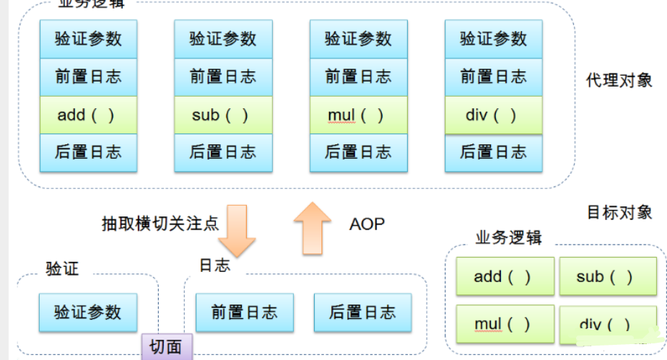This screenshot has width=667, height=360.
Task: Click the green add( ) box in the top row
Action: [88, 115]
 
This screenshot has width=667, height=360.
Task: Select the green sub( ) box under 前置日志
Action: [223, 115]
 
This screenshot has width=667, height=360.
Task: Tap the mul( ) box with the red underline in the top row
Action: [358, 115]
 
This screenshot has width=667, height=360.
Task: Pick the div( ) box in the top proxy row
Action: [493, 115]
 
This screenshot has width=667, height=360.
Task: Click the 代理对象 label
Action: [619, 80]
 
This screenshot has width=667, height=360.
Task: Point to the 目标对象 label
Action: [619, 212]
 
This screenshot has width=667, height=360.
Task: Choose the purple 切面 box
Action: [167, 347]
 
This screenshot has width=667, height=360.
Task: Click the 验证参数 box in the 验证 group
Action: [88, 312]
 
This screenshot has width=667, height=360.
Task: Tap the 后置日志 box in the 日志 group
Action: [362, 312]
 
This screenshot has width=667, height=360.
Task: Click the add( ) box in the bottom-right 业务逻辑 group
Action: [505, 277]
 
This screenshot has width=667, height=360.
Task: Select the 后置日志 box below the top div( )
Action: [493, 152]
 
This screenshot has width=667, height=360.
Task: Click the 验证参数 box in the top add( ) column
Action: [88, 39]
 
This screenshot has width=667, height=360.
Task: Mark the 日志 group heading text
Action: [214, 265]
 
